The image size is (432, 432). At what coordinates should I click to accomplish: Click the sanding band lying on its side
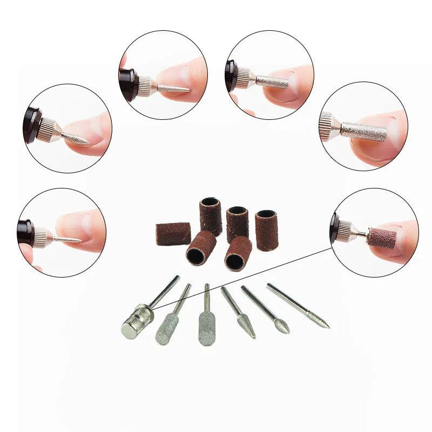point(173,234)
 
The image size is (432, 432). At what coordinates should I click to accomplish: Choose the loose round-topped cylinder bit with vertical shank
point(206,329)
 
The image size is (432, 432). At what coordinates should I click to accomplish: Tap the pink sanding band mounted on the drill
point(381,238)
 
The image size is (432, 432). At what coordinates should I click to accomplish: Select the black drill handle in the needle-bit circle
point(25,233)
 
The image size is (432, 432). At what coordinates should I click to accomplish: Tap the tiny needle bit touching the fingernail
point(67,239)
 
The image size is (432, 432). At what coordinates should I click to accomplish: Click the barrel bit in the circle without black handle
point(365,131)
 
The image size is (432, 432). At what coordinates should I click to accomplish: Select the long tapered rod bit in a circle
point(173,87)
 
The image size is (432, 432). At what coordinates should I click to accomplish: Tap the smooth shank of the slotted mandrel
point(165,292)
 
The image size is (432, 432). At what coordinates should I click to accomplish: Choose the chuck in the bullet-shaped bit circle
point(48,130)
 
